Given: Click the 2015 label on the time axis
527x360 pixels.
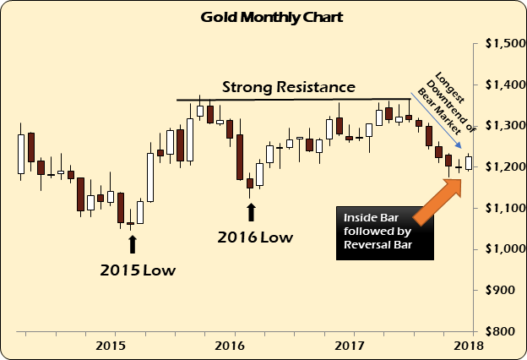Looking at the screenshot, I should coord(111,345).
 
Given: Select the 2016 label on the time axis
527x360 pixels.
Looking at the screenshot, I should coord(231,345).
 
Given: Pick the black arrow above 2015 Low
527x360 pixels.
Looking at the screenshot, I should coord(132,243).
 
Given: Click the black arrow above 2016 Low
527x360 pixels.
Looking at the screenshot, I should coord(251,211).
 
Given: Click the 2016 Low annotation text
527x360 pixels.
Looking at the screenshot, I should coord(255,237).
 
